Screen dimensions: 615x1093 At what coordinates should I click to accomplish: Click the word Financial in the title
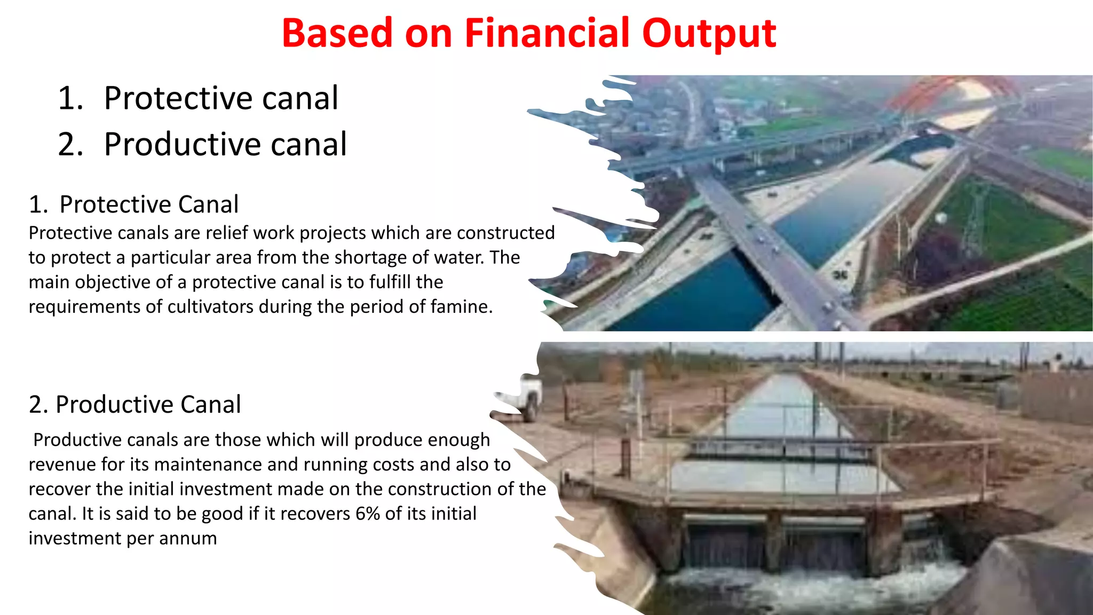click(548, 33)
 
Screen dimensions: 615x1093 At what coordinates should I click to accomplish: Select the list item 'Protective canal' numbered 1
click(220, 98)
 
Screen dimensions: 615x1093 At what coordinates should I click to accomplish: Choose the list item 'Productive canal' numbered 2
click(225, 144)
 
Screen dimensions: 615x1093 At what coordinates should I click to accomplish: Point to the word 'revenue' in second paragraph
click(62, 464)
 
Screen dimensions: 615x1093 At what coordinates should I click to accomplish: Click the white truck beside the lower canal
click(528, 395)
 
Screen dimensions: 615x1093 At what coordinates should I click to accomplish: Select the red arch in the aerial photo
click(950, 91)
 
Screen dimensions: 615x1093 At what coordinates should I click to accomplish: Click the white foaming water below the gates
click(811, 587)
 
